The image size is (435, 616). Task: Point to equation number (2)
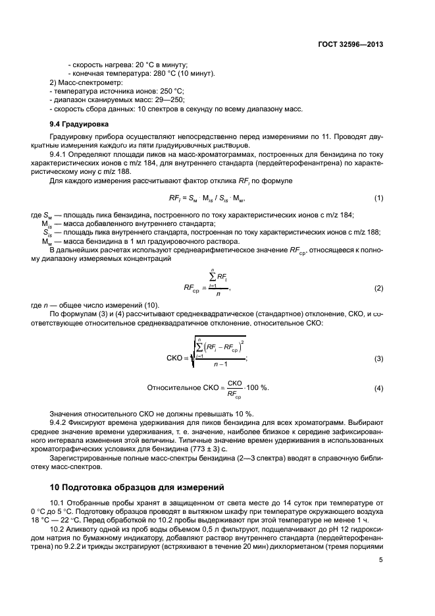coord(378,289)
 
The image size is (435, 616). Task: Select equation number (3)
coord(378,358)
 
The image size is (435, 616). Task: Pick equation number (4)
coord(378,389)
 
